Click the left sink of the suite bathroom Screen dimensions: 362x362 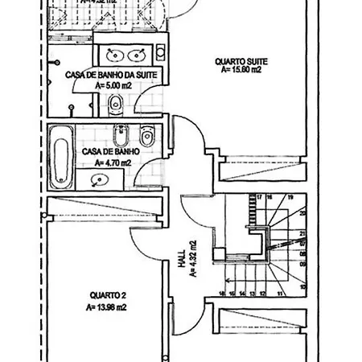coord(113,55)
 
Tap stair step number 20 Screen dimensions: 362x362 coord(302,213)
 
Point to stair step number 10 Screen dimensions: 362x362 coord(302,286)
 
